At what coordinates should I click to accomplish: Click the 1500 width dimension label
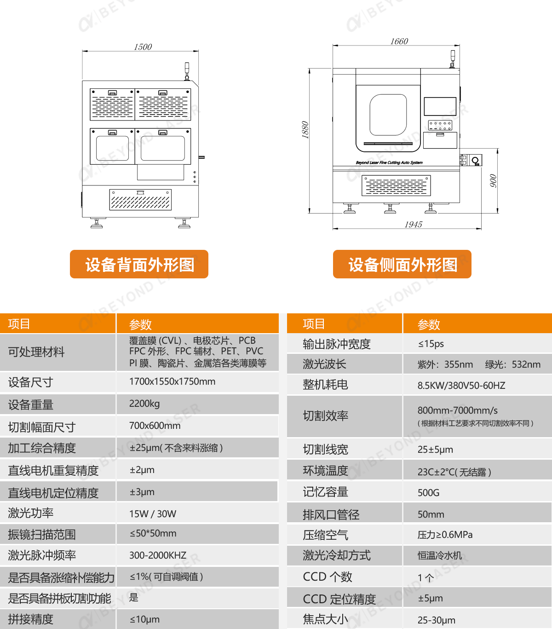143,47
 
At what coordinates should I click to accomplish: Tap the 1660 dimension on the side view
399,41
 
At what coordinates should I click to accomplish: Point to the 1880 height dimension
305,130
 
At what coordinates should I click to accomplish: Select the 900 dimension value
493,181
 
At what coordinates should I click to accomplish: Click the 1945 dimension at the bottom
414,225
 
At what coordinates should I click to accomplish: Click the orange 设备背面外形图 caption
139,264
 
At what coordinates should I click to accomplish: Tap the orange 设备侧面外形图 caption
402,264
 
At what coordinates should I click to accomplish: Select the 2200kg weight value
144,404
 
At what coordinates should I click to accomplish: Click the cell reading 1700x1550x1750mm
172,381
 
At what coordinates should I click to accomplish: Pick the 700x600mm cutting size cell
155,425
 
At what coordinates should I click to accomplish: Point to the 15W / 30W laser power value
153,514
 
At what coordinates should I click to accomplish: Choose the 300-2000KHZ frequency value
158,555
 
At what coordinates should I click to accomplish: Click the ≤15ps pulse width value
431,344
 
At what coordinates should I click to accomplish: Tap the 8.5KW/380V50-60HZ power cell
461,385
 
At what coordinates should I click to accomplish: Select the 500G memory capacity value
428,493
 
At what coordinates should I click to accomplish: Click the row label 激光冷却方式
337,555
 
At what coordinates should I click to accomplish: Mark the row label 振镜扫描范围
42,535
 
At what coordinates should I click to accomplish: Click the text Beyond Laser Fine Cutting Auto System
389,162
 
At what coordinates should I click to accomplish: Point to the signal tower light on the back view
187,71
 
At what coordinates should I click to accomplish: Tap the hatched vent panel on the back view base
140,200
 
